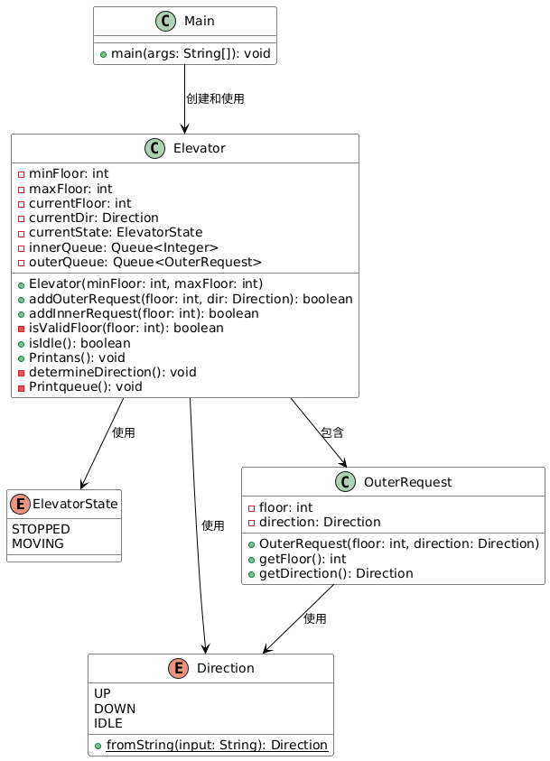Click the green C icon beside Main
point(165,22)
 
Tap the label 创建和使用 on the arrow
point(215,98)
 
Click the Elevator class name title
point(200,148)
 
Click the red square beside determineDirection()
point(21,373)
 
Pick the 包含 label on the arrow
point(332,432)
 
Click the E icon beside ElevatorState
point(21,505)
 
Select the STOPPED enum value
point(41,529)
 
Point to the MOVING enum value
point(38,543)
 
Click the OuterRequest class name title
point(408,482)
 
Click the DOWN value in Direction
point(115,709)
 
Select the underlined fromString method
point(217,745)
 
